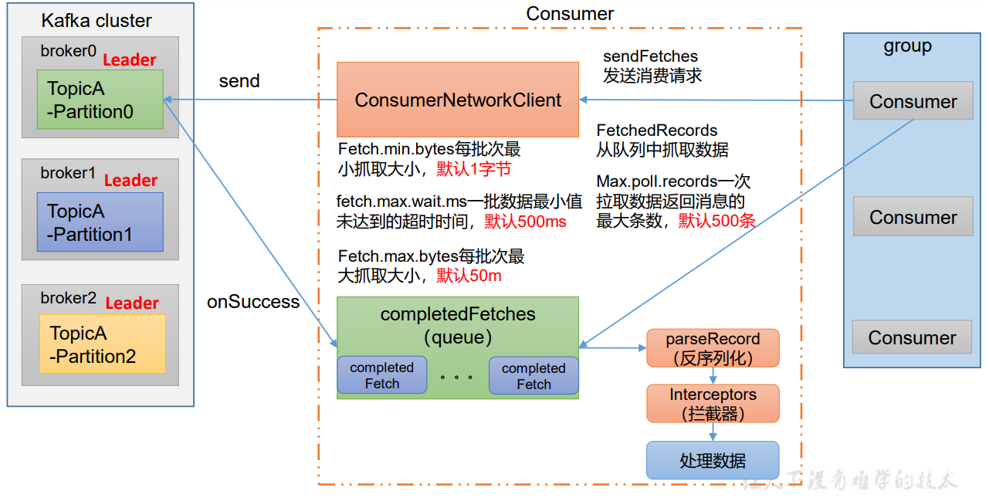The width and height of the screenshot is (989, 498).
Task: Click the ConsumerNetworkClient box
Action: click(458, 100)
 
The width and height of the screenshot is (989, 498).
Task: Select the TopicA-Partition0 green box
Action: click(100, 100)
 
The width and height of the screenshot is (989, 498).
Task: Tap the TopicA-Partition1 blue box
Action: click(100, 222)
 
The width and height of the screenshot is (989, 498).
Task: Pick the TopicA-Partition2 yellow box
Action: click(103, 344)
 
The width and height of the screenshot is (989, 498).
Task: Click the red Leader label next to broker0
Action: click(130, 60)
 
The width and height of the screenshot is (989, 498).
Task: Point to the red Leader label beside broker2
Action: click(132, 303)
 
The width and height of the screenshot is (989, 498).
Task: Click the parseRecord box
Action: click(713, 347)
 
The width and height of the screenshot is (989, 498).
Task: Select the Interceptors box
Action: click(713, 404)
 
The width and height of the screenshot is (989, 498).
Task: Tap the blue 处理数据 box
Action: click(713, 460)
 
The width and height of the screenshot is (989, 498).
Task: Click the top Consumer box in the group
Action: click(913, 101)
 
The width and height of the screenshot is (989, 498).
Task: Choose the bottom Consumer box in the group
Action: click(912, 337)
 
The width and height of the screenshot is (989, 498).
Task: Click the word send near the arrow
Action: click(239, 81)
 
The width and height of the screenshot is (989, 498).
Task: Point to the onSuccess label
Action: click(253, 302)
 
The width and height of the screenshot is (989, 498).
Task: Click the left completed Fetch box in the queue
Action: click(382, 375)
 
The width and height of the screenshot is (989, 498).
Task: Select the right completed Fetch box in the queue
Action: click(533, 376)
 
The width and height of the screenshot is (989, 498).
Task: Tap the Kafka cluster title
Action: click(97, 21)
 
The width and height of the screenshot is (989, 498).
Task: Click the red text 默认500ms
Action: click(525, 222)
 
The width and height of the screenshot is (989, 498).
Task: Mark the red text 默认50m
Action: click(469, 276)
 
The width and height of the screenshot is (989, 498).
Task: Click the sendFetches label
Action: click(650, 56)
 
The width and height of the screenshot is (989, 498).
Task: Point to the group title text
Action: click(907, 46)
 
